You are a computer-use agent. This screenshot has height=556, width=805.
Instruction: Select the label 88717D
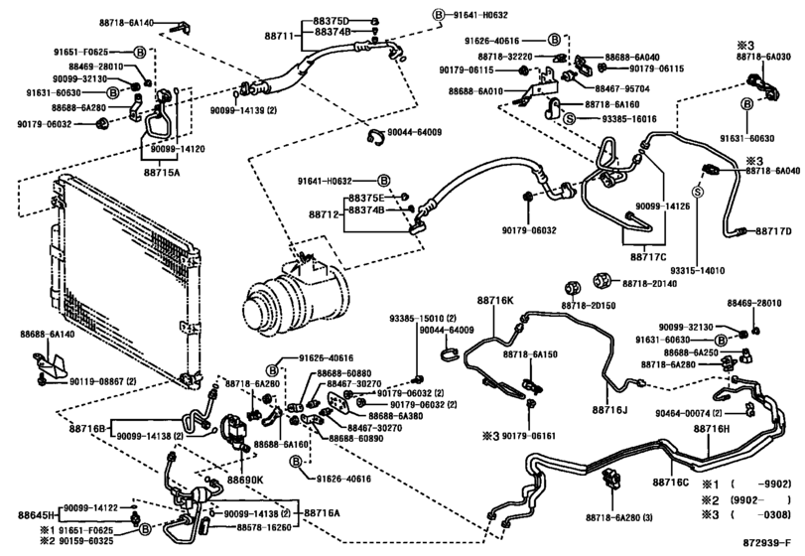pos(772,231)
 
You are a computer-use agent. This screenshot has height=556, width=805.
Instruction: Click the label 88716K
pos(497,300)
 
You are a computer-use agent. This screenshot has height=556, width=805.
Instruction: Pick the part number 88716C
pos(671,483)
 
